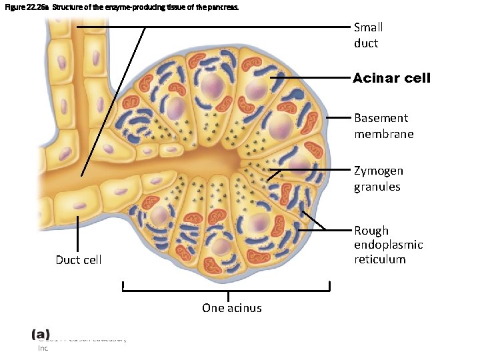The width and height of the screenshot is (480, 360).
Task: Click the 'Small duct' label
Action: click(x=368, y=35)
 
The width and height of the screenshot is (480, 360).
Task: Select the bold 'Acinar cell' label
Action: click(x=391, y=78)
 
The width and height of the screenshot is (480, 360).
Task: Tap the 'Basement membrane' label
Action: click(x=383, y=126)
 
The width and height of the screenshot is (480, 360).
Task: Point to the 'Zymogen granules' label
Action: click(x=378, y=179)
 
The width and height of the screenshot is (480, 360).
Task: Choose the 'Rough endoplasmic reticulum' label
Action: click(x=388, y=245)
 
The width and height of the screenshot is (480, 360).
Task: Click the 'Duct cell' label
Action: click(x=79, y=260)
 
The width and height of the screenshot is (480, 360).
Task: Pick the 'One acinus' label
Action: click(x=231, y=307)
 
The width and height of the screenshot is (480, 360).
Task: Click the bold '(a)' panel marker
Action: click(x=41, y=333)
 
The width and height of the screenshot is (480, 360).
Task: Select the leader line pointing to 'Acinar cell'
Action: click(x=310, y=78)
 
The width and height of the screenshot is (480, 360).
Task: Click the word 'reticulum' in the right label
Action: click(x=379, y=259)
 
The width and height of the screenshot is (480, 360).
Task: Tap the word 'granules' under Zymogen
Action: click(x=377, y=187)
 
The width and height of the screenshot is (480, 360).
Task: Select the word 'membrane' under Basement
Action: click(x=383, y=134)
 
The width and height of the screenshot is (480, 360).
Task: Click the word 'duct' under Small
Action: click(x=366, y=43)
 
